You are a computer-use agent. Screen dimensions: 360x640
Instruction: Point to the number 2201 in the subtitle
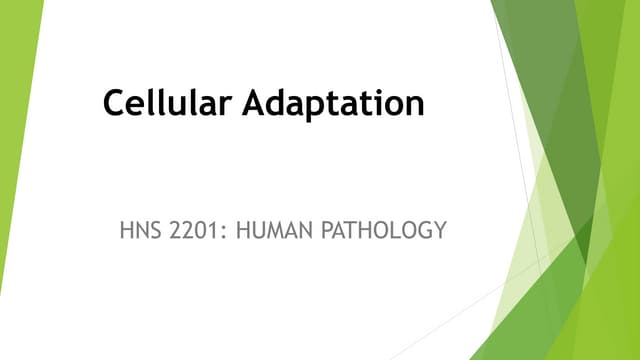click(189, 231)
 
